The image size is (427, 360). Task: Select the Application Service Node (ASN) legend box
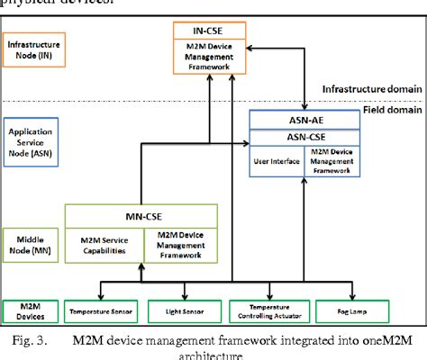(x=30, y=142)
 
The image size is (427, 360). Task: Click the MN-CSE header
(x=141, y=216)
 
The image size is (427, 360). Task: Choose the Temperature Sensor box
(x=97, y=312)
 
